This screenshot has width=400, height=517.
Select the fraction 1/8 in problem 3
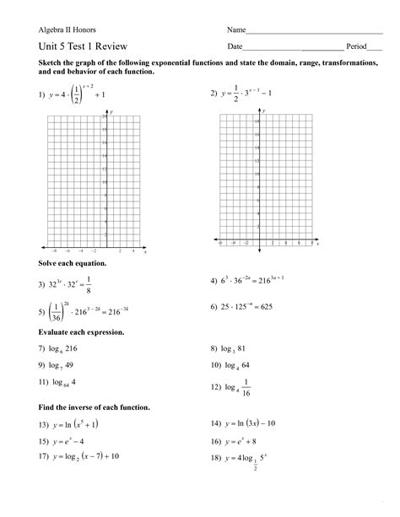[99, 285]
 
